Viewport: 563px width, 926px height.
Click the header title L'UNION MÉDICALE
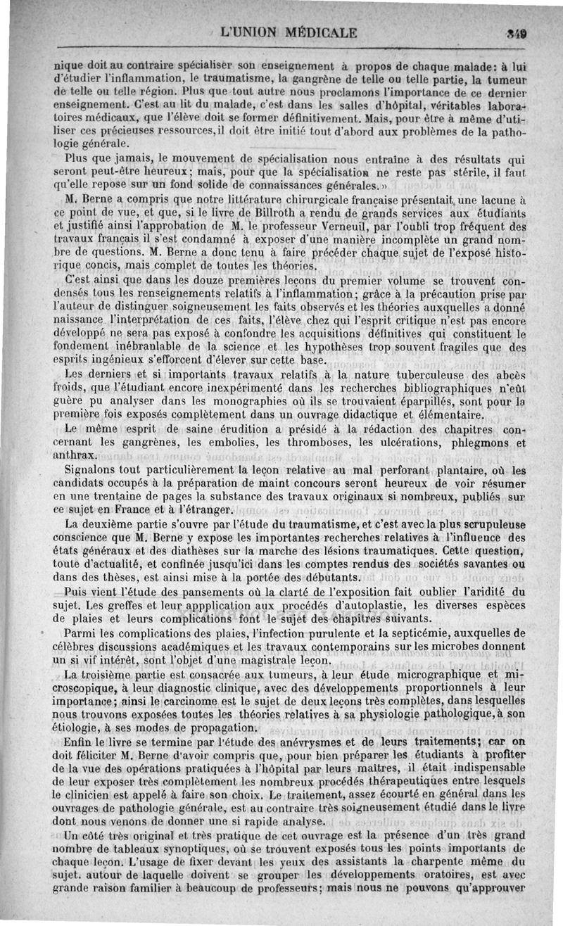pyautogui.click(x=289, y=32)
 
